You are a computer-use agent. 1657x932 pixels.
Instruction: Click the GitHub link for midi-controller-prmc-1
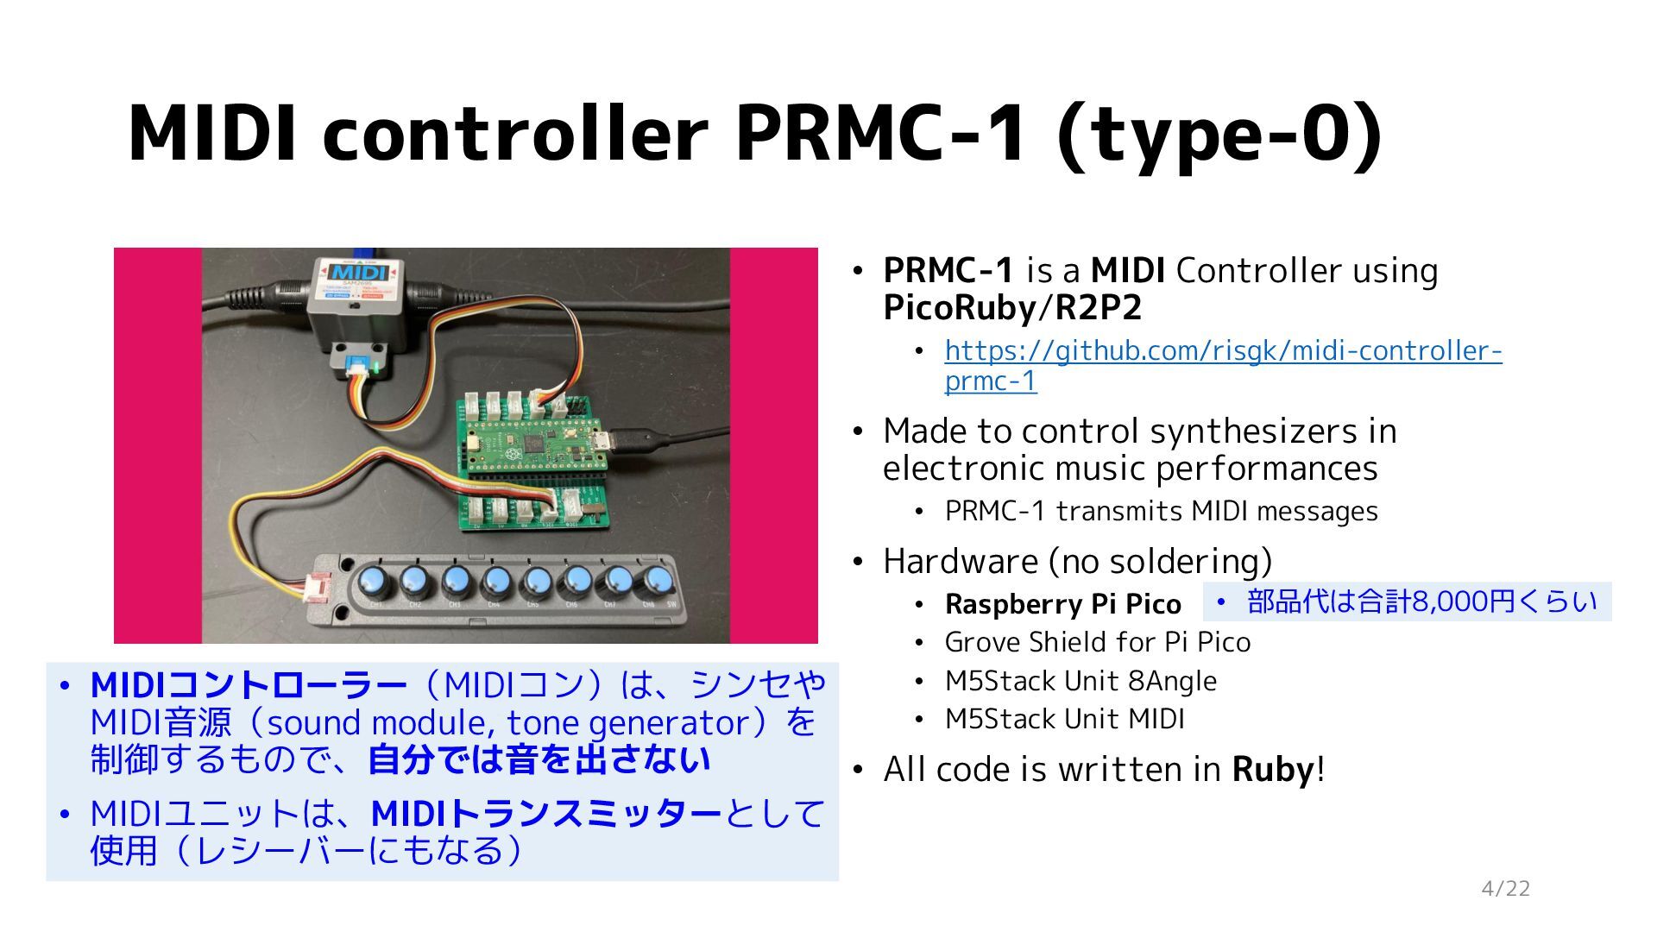tap(1223, 351)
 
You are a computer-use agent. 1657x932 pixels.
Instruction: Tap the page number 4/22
tap(1505, 889)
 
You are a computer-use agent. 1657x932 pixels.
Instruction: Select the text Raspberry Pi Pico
tap(1062, 604)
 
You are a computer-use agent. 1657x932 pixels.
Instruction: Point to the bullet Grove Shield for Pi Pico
tap(1097, 642)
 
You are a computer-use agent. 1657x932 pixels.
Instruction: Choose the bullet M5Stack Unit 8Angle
tap(1081, 681)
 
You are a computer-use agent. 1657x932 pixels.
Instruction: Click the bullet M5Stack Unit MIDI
tap(1064, 719)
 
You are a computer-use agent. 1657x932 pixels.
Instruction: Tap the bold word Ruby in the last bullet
tap(1273, 769)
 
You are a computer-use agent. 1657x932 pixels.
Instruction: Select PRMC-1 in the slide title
tap(881, 134)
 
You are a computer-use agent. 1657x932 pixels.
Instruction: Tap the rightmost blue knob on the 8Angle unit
tap(656, 580)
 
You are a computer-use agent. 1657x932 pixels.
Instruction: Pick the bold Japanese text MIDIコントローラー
tap(249, 686)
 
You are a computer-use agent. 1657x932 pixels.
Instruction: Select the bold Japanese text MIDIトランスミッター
tap(546, 814)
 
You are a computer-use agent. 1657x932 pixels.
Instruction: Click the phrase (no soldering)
tap(1160, 562)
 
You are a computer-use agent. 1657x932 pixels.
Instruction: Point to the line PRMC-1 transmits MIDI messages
tap(1161, 512)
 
